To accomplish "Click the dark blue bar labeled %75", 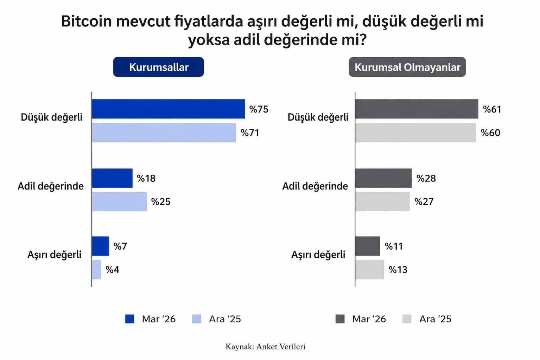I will pos(168,109).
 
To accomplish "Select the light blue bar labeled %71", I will pos(164,133).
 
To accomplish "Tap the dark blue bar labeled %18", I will pos(112,178).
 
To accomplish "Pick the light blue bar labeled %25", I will pos(119,201).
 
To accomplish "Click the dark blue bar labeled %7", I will pos(101,246).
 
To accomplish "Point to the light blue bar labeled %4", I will pos(96,270).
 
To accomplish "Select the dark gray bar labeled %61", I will pos(417,109).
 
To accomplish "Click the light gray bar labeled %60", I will pos(415,133).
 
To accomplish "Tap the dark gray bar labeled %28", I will pos(383,178).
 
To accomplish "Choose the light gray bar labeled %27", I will pos(382,201).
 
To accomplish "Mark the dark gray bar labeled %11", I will pos(368,246).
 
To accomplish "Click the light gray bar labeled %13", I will pos(370,270).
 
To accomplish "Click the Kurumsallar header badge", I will pos(158,67).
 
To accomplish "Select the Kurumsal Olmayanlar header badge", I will pos(407,67).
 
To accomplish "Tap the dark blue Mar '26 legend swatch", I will pos(130,319).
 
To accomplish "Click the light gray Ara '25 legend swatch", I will pos(407,319).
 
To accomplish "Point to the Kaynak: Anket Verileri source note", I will pos(265,347).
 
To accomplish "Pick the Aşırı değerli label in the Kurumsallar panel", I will pos(55,255).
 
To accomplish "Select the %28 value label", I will pos(426,179).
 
